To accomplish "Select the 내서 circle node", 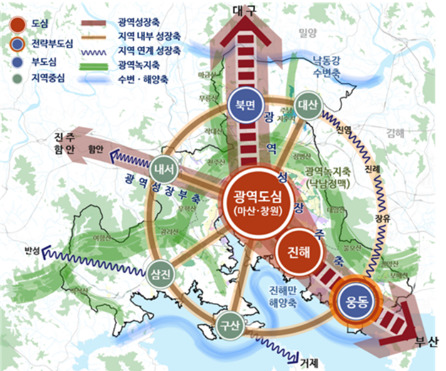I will [x=166, y=169].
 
